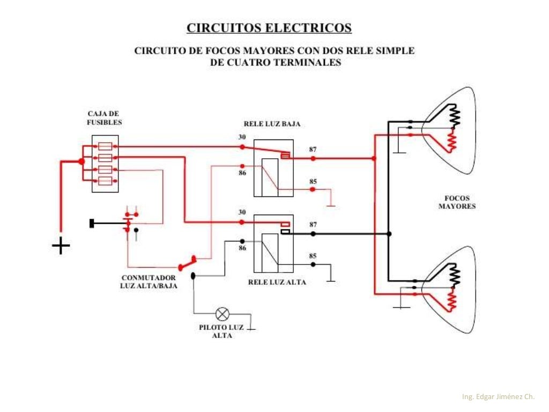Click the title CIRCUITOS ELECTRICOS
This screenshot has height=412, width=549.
pyautogui.click(x=269, y=28)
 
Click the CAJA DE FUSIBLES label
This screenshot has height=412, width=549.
pyautogui.click(x=105, y=118)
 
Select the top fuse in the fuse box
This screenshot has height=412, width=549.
pyautogui.click(x=105, y=146)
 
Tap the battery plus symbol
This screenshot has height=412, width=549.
pyautogui.click(x=61, y=246)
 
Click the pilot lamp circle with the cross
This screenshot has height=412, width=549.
pyautogui.click(x=222, y=314)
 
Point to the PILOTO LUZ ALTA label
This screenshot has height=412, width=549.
pyautogui.click(x=221, y=332)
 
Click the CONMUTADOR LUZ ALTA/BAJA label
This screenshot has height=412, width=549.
pyautogui.click(x=149, y=282)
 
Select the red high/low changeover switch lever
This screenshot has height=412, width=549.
pyautogui.click(x=187, y=263)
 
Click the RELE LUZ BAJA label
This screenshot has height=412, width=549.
pyautogui.click(x=272, y=124)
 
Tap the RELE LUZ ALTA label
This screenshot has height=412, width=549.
pyautogui.click(x=277, y=282)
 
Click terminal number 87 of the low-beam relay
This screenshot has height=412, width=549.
pyautogui.click(x=313, y=150)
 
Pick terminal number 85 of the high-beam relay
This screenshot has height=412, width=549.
pyautogui.click(x=313, y=256)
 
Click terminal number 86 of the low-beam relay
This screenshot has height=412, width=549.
pyautogui.click(x=242, y=173)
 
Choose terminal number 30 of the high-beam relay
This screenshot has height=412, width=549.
pyautogui.click(x=242, y=212)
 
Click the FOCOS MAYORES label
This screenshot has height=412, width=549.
pyautogui.click(x=457, y=202)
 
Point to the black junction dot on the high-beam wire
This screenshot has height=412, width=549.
pyautogui.click(x=389, y=234)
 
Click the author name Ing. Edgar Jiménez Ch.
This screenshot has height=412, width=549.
pyautogui.click(x=498, y=396)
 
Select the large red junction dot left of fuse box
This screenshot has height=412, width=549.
pyautogui.click(x=81, y=161)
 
